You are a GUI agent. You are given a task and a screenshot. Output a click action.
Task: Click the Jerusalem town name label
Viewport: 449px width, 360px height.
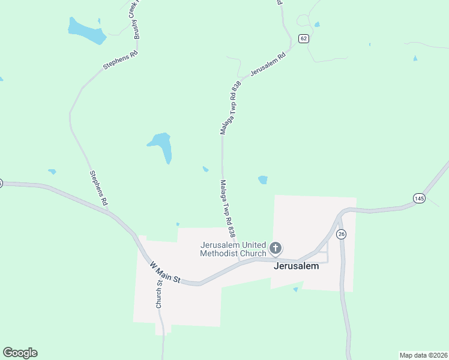(x=296, y=266)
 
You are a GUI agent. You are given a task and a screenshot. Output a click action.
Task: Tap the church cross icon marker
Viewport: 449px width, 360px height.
(x=276, y=248)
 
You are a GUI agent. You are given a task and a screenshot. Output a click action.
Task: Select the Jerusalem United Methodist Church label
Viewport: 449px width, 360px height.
(x=233, y=249)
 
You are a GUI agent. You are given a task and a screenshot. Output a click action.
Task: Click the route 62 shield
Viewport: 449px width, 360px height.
(x=303, y=38)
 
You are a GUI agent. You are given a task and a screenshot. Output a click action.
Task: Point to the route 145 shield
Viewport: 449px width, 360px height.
(x=419, y=198)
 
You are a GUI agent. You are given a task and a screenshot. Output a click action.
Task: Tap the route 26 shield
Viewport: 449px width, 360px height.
(x=341, y=234)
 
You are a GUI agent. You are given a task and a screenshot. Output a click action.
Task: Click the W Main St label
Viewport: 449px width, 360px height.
(x=165, y=272)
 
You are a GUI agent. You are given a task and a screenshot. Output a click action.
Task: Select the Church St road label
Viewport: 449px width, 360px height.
(x=160, y=294)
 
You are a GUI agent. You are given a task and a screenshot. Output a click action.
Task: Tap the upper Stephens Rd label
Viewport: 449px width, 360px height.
(x=121, y=60)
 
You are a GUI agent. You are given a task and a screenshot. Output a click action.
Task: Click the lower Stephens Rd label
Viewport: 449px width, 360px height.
(x=98, y=188)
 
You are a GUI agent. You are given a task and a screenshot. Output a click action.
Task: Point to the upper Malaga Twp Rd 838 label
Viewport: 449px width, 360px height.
(x=231, y=107)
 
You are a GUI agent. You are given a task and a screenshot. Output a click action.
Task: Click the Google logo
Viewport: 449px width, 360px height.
(x=20, y=353)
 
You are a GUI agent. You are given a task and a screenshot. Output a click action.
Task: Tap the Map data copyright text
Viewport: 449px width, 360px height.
(x=423, y=355)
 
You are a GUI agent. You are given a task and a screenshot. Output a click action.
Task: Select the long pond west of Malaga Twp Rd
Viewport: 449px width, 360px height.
(x=162, y=146)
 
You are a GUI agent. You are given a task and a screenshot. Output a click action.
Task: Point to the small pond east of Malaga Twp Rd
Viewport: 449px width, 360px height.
(x=262, y=179)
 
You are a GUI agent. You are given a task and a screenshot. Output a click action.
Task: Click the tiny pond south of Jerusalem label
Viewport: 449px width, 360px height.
(x=295, y=289)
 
